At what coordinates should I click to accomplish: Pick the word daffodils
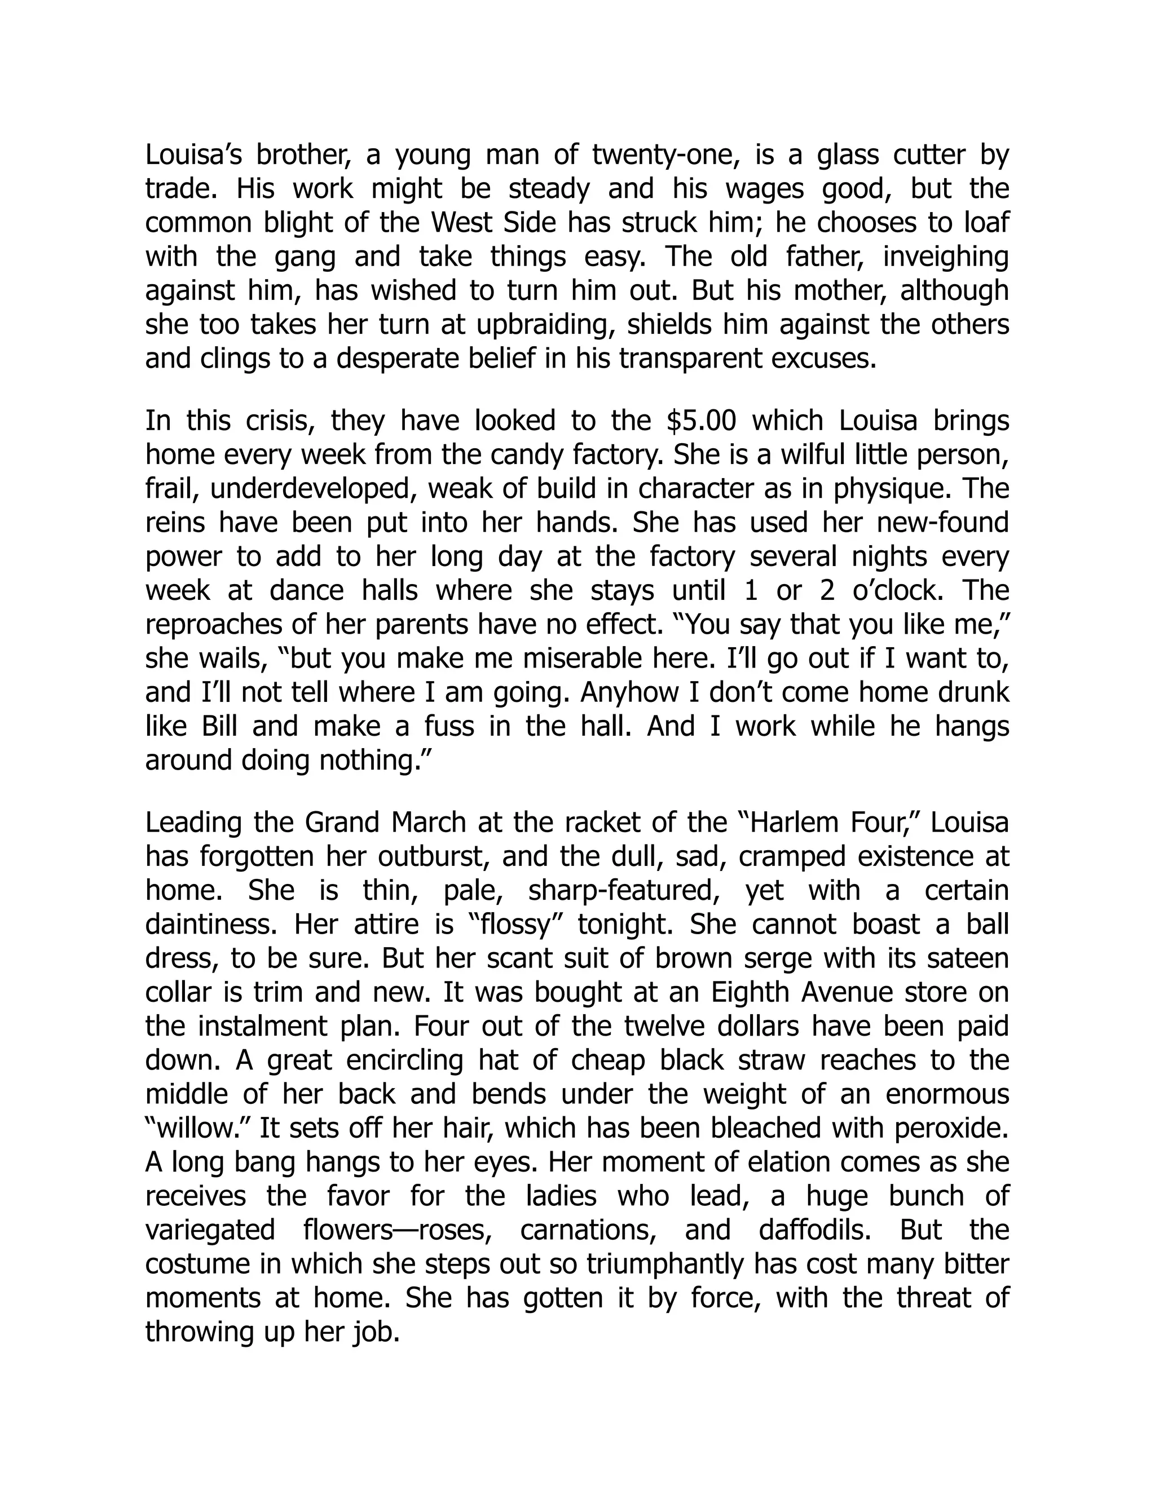pos(816,1229)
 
